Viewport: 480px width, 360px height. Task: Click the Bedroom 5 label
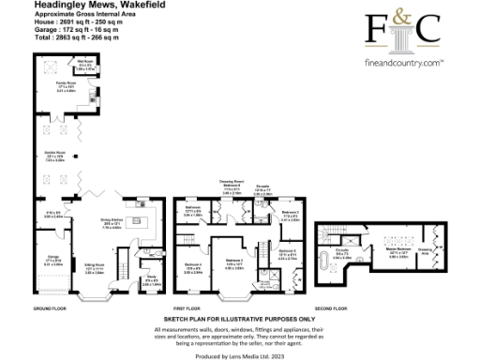click(289, 251)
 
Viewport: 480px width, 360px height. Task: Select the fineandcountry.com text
click(401, 64)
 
